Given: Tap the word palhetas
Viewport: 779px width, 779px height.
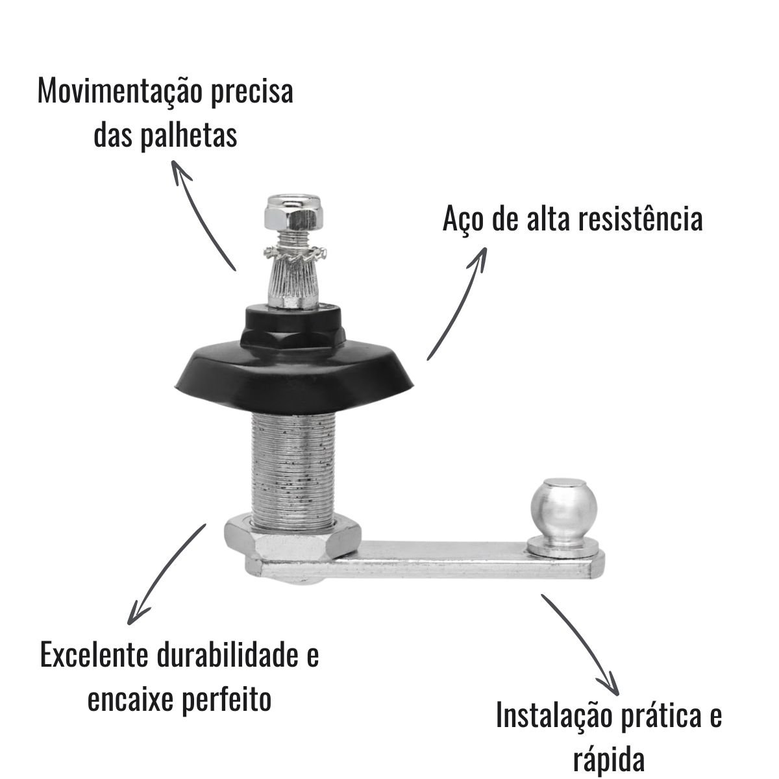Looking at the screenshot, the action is coord(188,136).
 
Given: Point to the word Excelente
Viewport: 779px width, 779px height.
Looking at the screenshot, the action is coord(94,655).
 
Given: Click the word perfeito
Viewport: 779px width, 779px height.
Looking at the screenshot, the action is coord(227,701).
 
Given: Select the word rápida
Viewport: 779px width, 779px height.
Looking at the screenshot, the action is coord(609,760).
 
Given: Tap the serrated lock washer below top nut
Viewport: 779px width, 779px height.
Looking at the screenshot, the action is coord(295,253).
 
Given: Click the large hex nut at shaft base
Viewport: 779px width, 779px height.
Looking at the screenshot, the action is coord(293,541).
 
